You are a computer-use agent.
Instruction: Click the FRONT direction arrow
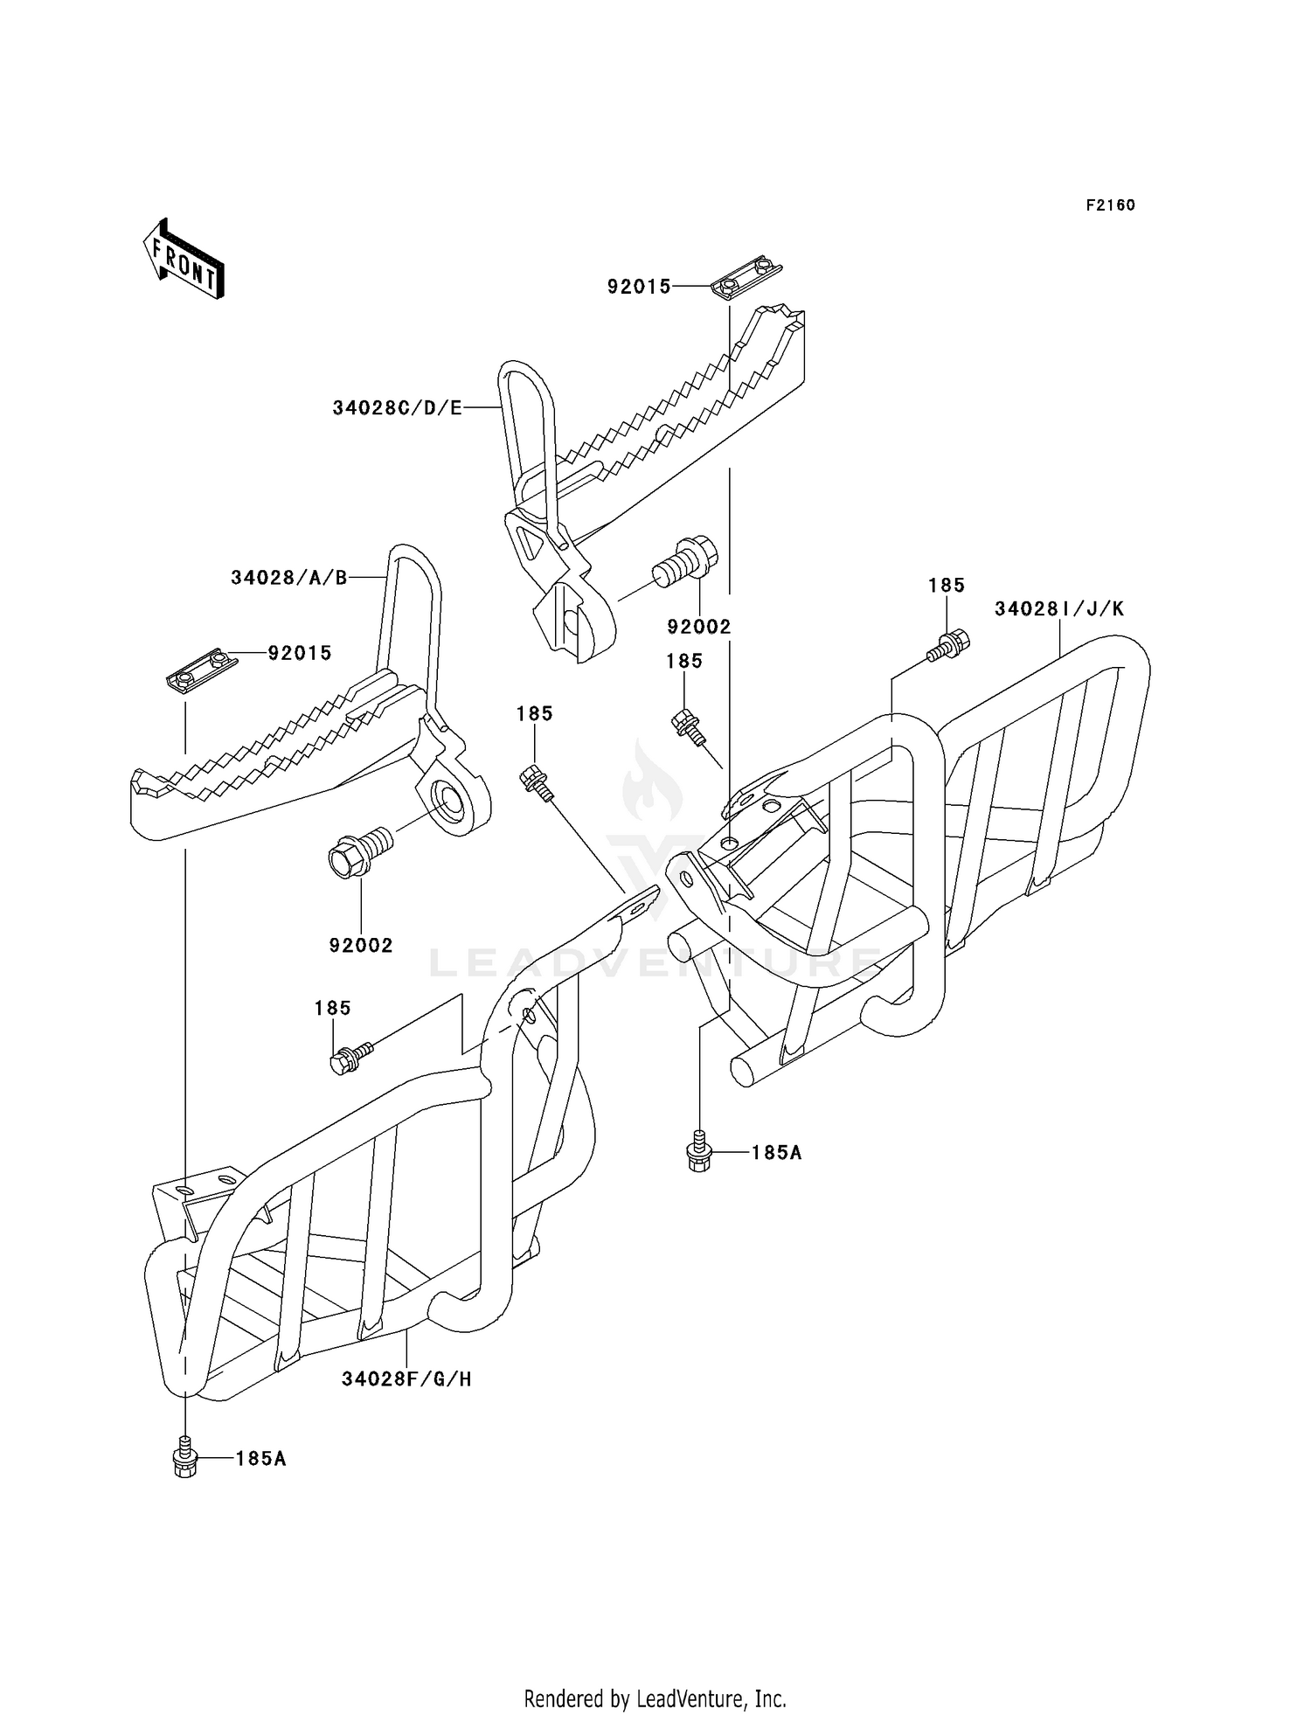click(x=184, y=260)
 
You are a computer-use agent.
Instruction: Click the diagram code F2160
click(x=1110, y=205)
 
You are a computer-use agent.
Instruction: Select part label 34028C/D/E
click(x=397, y=408)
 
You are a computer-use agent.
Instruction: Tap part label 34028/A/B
click(x=289, y=578)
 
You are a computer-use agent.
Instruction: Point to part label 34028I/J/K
click(x=1059, y=609)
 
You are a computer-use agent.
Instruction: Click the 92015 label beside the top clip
click(x=639, y=287)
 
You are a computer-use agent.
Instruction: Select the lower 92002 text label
click(x=361, y=945)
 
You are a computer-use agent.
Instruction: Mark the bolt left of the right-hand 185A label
click(x=699, y=1152)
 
